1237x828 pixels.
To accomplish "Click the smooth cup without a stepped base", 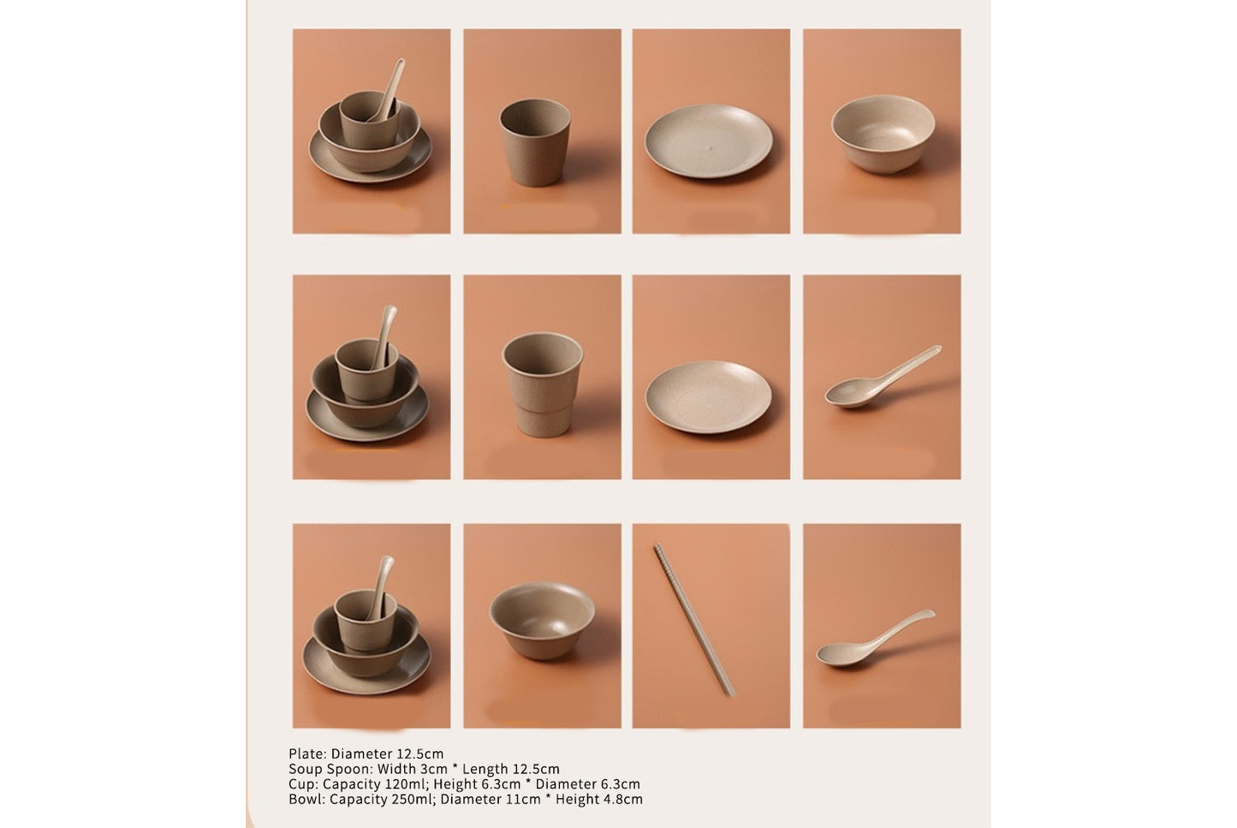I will [x=535, y=142].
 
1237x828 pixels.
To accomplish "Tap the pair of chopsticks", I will [x=694, y=620].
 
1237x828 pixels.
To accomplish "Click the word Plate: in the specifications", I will [x=307, y=754].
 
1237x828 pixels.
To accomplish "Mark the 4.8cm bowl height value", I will [x=622, y=800].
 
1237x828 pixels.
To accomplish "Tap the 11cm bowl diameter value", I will [x=525, y=800].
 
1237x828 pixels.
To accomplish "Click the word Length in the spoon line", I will [x=485, y=769].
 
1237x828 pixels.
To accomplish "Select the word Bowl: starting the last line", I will [x=306, y=800].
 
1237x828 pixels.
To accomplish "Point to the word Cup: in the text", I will [x=303, y=784].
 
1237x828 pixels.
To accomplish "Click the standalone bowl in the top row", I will [x=883, y=134].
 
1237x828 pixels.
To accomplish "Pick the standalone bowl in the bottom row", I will [x=542, y=620].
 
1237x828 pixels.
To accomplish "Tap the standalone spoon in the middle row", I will [x=882, y=376].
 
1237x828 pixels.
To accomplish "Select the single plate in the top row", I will [x=709, y=141].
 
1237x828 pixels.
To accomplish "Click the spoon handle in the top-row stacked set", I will [x=394, y=81].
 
